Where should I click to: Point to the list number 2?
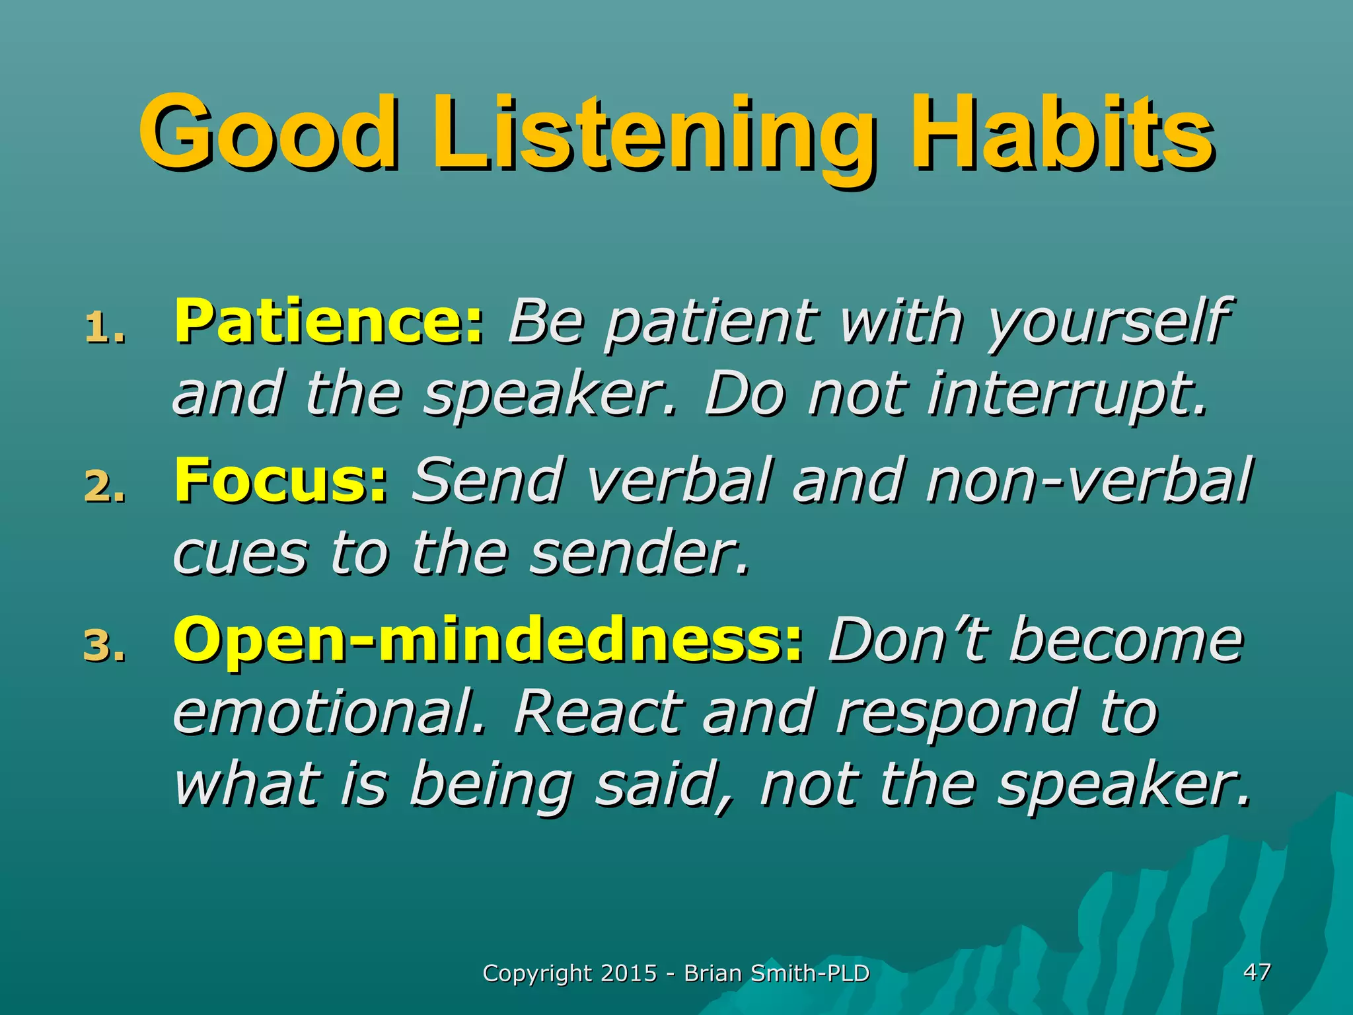(104, 487)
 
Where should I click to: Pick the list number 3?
(104, 646)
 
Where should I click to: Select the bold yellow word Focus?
(280, 480)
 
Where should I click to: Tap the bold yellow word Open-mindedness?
(488, 640)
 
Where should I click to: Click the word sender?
(640, 554)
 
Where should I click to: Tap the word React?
(597, 712)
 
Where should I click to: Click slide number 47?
(1256, 971)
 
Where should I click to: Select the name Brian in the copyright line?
(712, 973)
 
